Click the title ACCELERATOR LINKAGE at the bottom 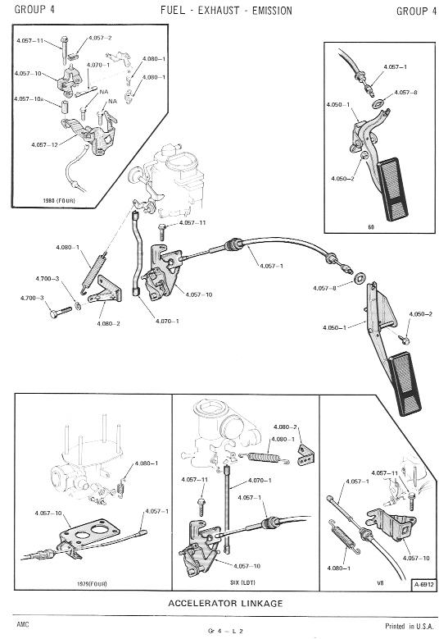click(x=225, y=603)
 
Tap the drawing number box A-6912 click(x=424, y=585)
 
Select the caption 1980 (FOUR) click(x=59, y=200)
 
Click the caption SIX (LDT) click(x=242, y=582)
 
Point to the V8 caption click(x=380, y=582)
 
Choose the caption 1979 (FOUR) click(x=92, y=583)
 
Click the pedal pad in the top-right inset click(x=392, y=189)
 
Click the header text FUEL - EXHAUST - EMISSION click(x=226, y=11)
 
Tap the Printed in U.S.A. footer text click(x=410, y=626)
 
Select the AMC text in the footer click(x=23, y=624)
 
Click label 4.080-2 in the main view click(x=108, y=323)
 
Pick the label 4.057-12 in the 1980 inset click(x=44, y=144)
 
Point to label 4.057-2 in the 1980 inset click(x=100, y=38)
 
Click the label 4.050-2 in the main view click(x=421, y=314)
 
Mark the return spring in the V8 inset click(x=344, y=536)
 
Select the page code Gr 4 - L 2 click(x=225, y=631)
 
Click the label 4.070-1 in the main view click(x=167, y=321)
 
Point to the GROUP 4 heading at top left click(x=34, y=9)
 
